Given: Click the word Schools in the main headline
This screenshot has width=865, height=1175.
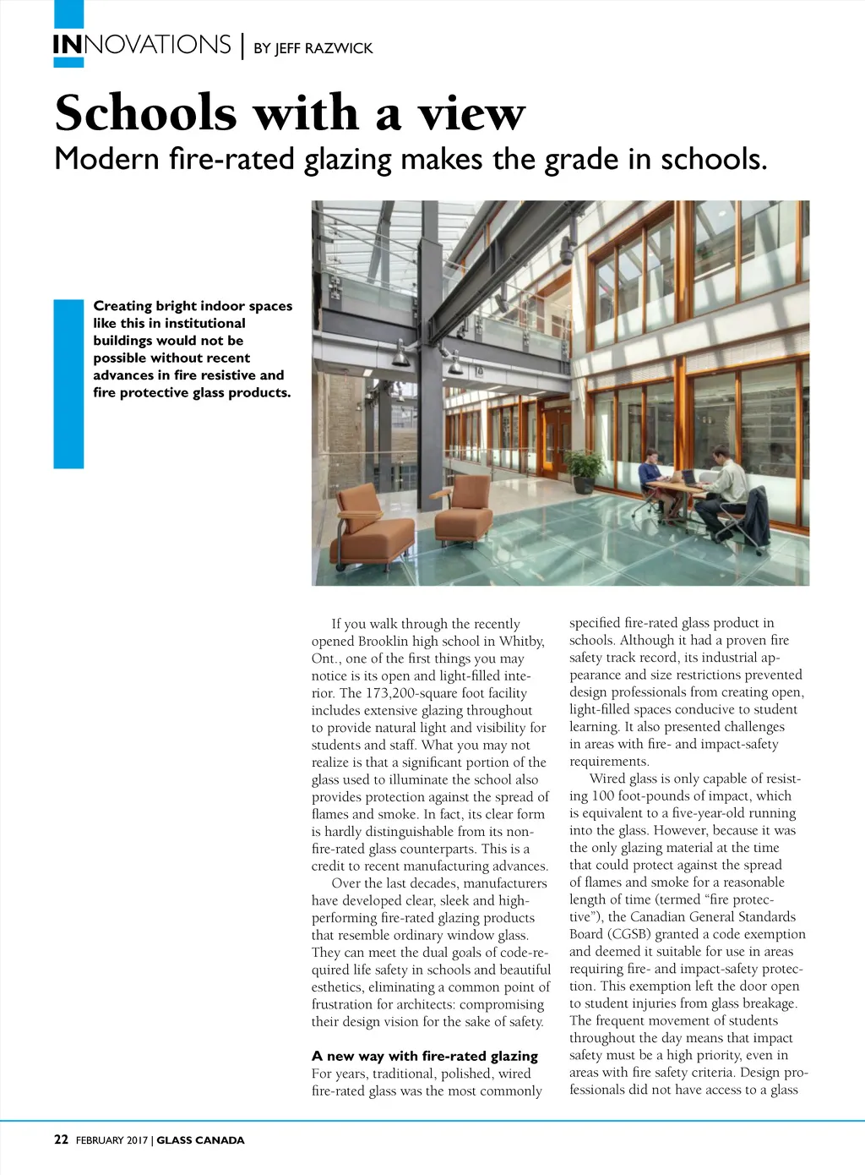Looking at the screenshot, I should coord(145,113).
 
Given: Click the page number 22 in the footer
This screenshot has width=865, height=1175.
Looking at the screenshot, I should coord(61,1139).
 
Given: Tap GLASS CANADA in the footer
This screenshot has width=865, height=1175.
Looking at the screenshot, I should coord(200,1139).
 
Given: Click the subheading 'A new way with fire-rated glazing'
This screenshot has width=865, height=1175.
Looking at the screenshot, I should coord(424,1056).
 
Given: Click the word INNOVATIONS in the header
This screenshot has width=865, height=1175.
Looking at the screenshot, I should coord(141,45).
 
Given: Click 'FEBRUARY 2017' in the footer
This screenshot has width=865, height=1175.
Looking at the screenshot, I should coord(112,1139).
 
